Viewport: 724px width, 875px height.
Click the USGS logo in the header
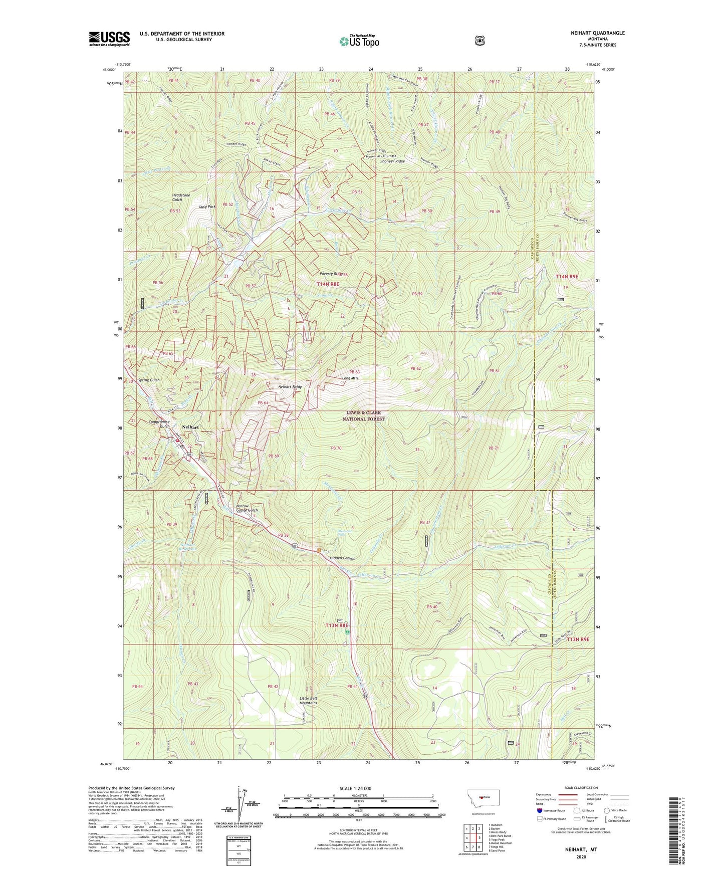[109, 39]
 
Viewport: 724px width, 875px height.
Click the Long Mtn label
[350, 378]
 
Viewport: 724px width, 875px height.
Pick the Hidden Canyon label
[342, 558]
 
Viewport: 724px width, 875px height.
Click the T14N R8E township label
[328, 284]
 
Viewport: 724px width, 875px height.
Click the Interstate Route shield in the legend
[539, 810]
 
